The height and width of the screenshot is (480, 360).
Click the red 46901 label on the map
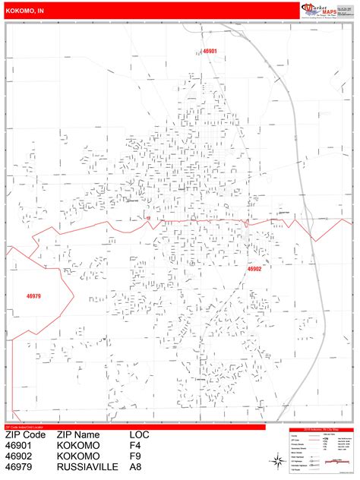(210, 51)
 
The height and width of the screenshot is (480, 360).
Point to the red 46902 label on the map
(254, 269)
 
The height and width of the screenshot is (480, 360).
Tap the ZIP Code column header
(26, 434)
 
